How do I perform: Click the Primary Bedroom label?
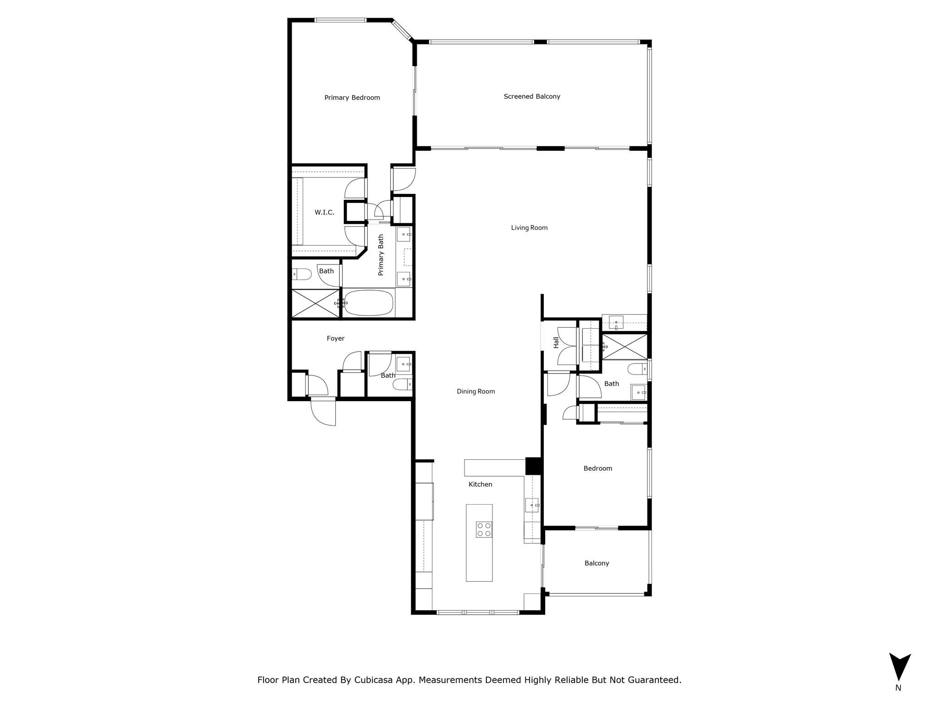click(x=352, y=98)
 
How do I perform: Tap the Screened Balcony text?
click(x=532, y=96)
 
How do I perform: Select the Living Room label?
click(x=529, y=227)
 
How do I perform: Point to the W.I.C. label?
click(x=324, y=212)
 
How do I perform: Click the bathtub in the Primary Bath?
click(x=369, y=303)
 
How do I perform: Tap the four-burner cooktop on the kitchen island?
click(x=484, y=529)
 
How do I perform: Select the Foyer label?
click(x=335, y=338)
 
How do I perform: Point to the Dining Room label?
click(x=475, y=391)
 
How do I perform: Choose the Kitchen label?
click(x=480, y=484)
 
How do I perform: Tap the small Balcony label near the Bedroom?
click(x=597, y=563)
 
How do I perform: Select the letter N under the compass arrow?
click(x=898, y=687)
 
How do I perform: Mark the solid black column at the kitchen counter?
click(x=533, y=466)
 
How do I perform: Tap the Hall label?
click(x=556, y=342)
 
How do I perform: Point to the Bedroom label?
click(x=597, y=468)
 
